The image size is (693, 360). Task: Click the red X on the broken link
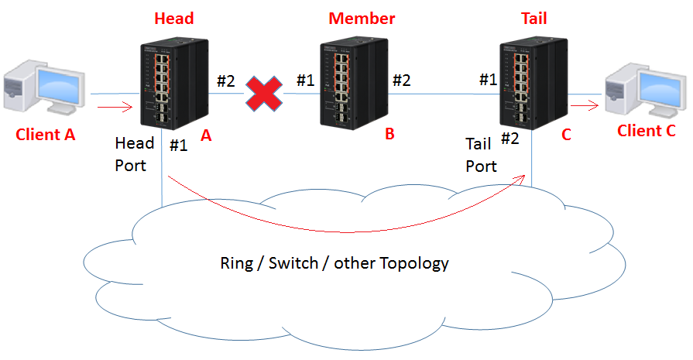coord(264,93)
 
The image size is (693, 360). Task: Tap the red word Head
coord(174,19)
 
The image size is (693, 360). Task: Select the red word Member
coord(362,19)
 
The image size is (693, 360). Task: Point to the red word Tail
coord(534,19)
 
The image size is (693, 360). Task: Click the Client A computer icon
coord(44,87)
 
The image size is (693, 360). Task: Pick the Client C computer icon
coord(646,91)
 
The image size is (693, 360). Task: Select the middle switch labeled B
coord(354,83)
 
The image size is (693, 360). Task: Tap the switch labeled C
coord(534,83)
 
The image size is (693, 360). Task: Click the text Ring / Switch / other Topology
coord(334,263)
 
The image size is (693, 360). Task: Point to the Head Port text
coord(135,154)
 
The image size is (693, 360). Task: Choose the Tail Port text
coord(482,155)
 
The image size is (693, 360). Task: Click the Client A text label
coord(45,134)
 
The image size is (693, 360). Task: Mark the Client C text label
coord(646,131)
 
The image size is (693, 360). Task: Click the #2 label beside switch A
coord(226,81)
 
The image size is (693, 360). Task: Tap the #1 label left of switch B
coord(305,80)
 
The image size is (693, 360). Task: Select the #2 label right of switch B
coord(402,80)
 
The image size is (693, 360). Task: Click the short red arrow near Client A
coord(115,107)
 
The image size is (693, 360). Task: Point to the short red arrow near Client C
coord(585,105)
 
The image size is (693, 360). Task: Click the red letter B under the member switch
coord(389,134)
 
